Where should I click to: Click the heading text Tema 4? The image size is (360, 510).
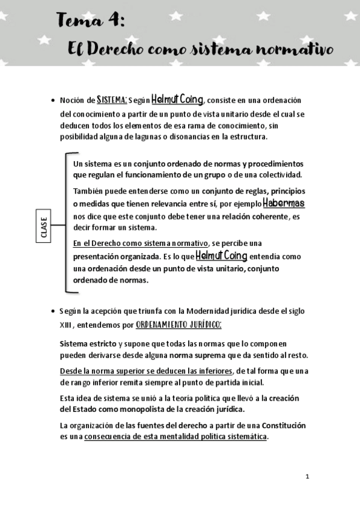click(91, 22)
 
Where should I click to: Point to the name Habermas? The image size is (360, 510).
click(284, 203)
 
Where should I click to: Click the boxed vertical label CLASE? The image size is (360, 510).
click(44, 225)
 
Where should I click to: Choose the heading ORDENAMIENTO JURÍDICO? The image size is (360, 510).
click(179, 325)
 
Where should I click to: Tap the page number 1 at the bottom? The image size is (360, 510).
click(307, 476)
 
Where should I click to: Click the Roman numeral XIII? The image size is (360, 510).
click(66, 325)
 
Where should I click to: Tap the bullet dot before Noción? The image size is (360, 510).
click(53, 100)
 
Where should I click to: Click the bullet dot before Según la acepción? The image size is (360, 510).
click(53, 312)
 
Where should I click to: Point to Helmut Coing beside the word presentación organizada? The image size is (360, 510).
click(222, 256)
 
